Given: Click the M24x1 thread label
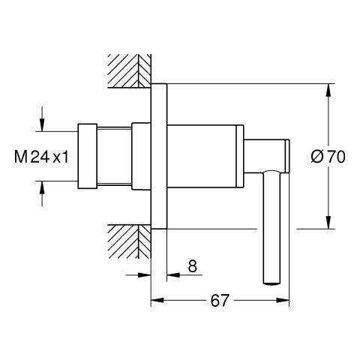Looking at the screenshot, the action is point(41,157).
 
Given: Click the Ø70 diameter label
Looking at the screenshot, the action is point(328,157).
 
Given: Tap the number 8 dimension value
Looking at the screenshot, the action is point(192,265).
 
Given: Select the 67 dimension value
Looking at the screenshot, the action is point(220,300).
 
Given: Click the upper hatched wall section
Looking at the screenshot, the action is point(129,70).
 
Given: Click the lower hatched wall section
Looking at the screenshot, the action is point(129,241).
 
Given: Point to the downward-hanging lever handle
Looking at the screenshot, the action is point(272,227).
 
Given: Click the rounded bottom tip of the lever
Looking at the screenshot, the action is point(272,283).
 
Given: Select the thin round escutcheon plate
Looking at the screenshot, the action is point(159,156).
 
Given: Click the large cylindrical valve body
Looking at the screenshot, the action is point(205,156).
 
